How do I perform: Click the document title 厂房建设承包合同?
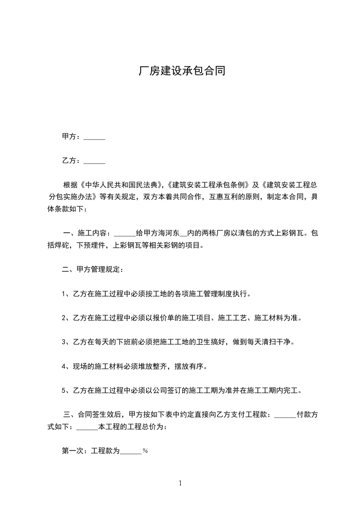pos(182,72)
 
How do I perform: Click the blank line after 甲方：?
pos(95,137)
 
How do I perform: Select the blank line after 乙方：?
pos(95,161)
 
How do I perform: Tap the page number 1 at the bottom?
pos(180,483)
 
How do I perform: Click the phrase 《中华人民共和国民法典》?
pos(120,185)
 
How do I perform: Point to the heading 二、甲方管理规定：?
pos(93,269)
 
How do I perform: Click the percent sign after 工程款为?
pos(145,451)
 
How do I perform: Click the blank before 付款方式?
pos(286,415)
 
